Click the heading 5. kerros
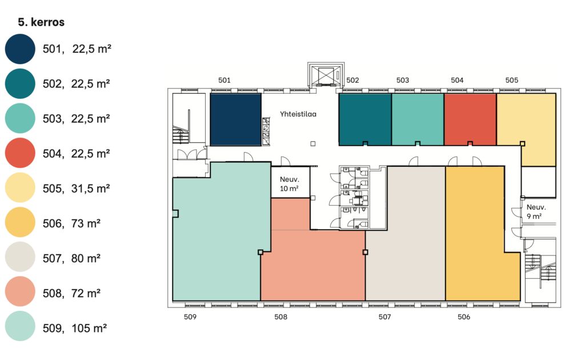click(41, 22)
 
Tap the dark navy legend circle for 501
click(20, 49)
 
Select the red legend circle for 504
click(20, 153)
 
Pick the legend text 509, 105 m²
click(75, 329)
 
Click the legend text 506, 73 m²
click(71, 223)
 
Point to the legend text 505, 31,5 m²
click(76, 189)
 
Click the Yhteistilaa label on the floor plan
click(298, 114)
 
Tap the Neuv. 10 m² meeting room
click(290, 182)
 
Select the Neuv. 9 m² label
click(536, 211)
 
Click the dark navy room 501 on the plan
click(235, 119)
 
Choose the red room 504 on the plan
click(470, 119)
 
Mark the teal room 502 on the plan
click(365, 119)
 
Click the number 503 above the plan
click(403, 80)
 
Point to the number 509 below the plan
click(190, 317)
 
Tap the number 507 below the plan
click(384, 317)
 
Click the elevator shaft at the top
click(326, 75)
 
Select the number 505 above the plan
click(512, 80)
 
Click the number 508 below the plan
click(281, 317)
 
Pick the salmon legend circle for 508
click(20, 291)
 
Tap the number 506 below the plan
click(464, 317)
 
